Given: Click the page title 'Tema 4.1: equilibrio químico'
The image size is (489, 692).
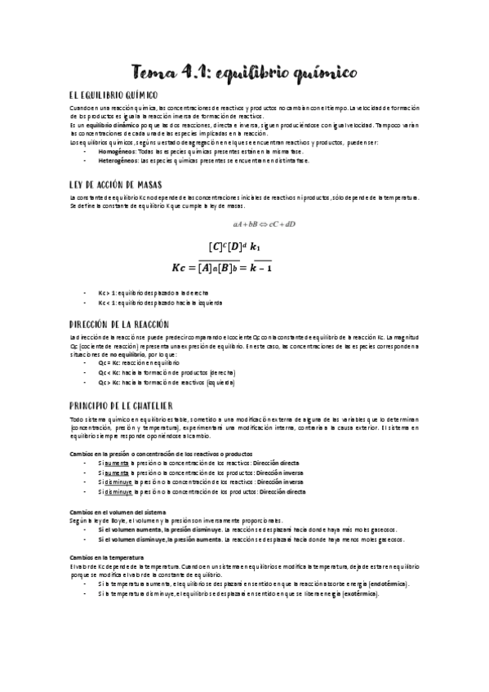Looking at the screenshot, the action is [x=245, y=74].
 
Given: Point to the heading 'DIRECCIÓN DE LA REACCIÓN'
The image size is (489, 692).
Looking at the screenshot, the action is [x=120, y=323].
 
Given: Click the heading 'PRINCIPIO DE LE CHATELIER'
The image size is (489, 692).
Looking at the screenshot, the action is [x=121, y=406].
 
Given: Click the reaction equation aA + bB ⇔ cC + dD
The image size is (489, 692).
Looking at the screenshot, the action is [x=264, y=223].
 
